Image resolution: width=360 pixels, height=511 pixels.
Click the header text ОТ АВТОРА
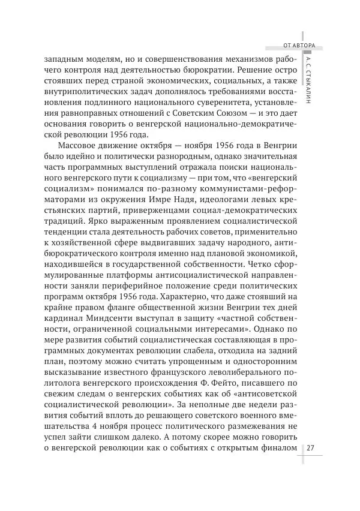point(302,44)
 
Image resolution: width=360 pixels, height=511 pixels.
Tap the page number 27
point(311,447)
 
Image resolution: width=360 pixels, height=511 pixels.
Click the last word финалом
point(280,447)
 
